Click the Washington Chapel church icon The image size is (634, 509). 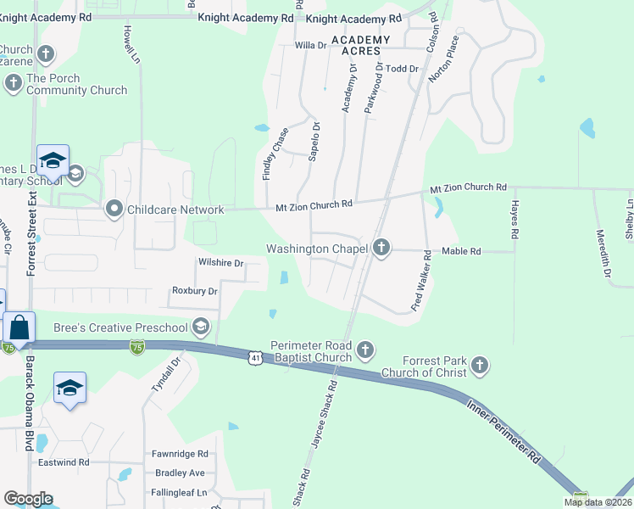point(381,249)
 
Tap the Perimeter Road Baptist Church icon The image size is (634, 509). point(365,350)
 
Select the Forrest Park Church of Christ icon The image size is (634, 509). point(480,366)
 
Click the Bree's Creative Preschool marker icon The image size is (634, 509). point(201,327)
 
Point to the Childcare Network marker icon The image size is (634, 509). point(114,209)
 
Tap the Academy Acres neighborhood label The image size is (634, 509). point(360,45)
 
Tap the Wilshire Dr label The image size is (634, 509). point(220,263)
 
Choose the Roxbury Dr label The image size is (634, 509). point(195,291)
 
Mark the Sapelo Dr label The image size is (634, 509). point(314,142)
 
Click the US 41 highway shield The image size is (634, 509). point(253,359)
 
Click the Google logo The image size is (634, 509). point(28,499)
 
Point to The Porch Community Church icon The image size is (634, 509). point(13,83)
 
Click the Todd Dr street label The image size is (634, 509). point(403,68)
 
